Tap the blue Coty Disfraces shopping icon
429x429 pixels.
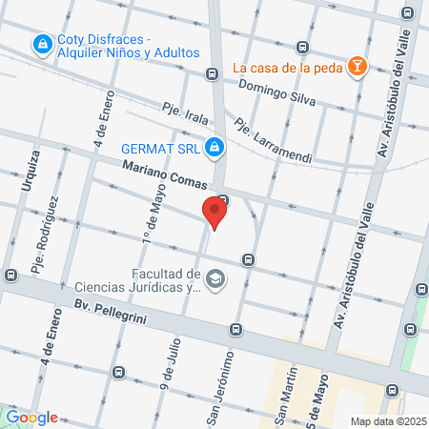point(42,44)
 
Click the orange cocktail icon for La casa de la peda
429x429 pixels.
point(357,67)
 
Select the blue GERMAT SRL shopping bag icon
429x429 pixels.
point(216,147)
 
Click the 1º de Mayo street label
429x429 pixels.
point(151,215)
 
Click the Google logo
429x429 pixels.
point(31,418)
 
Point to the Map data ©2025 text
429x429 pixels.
point(387,421)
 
